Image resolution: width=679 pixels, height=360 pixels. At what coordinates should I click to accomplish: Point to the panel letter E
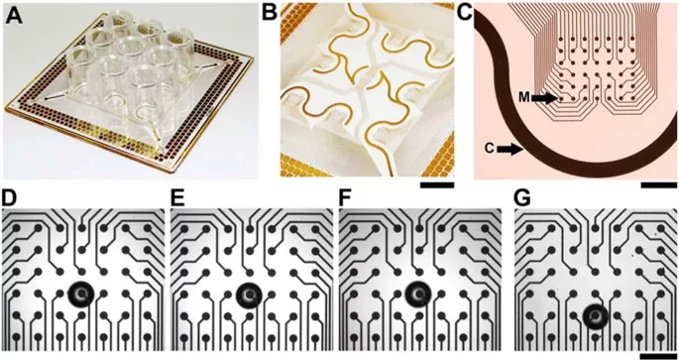178,199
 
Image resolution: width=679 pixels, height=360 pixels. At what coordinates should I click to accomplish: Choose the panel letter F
346,199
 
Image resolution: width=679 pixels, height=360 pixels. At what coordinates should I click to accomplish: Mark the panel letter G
523,199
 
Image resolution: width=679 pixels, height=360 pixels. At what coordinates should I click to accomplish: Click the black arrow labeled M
545,99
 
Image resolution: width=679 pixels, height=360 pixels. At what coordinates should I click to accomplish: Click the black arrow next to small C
510,150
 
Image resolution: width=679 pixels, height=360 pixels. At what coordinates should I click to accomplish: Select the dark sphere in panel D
81,295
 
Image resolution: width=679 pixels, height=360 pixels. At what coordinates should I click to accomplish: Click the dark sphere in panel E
249,295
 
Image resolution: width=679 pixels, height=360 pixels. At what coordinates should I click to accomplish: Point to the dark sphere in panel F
418,294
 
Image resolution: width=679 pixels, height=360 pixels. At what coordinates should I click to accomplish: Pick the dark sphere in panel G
595,316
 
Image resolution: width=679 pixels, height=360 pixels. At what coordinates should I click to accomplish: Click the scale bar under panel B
436,185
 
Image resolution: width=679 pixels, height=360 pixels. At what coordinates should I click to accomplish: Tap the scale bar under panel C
658,185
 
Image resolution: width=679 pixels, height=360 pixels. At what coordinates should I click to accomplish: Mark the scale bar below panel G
658,356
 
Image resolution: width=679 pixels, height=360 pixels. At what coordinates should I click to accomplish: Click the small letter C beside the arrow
490,150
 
